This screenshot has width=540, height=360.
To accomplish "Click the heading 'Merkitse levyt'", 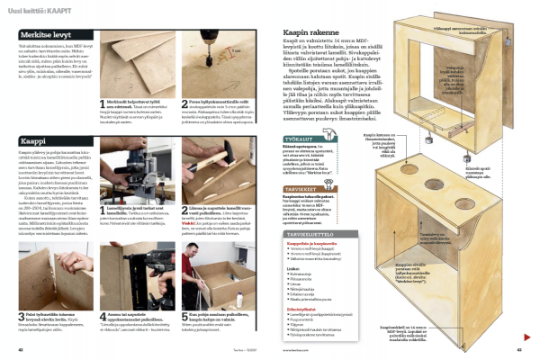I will click(x=45, y=34).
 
